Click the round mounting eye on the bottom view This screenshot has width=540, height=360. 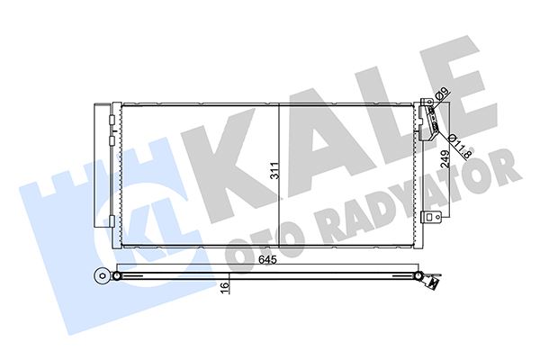point(100,276)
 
